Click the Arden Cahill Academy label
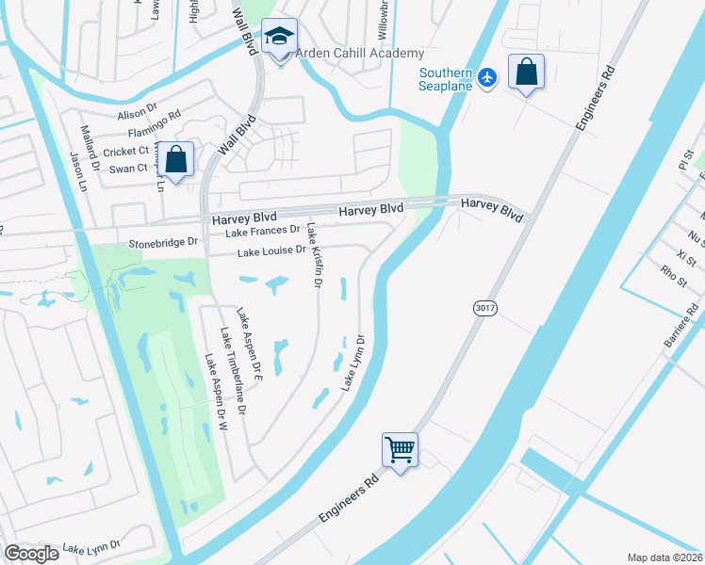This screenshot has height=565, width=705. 359,54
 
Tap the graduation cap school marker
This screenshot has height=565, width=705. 278,38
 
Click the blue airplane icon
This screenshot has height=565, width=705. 486,76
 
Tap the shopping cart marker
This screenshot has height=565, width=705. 400,451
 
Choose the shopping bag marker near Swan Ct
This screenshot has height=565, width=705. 176,160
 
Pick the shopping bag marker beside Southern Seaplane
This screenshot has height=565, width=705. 526,73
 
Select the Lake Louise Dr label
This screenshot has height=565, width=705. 271,251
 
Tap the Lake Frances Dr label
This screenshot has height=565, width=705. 268,229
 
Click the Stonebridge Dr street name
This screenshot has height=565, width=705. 164,242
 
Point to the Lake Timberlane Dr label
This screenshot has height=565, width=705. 233,372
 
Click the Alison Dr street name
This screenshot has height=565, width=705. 133,114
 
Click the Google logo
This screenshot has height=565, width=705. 32,553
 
